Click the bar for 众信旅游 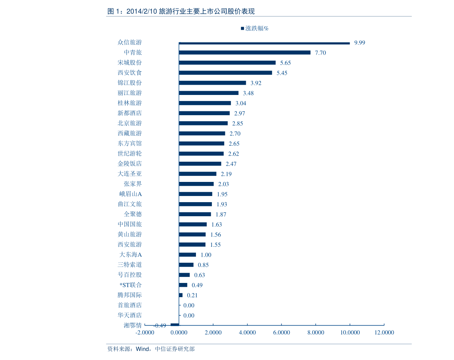pyautogui.click(x=264, y=43)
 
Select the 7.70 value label pyautogui.click(x=320, y=53)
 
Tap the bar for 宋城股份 pyautogui.click(x=227, y=63)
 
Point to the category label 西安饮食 pyautogui.click(x=130, y=72)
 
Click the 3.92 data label pyautogui.click(x=256, y=83)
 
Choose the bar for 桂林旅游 pyautogui.click(x=205, y=103)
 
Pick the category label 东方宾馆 pyautogui.click(x=130, y=143)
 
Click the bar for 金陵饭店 pyautogui.click(x=200, y=164)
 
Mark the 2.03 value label pyautogui.click(x=223, y=184)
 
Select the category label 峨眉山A pyautogui.click(x=131, y=194)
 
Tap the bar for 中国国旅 pyautogui.click(x=193, y=225)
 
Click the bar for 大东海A pyautogui.click(x=187, y=255)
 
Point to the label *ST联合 pyautogui.click(x=131, y=285)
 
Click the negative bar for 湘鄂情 pyautogui.click(x=175, y=325)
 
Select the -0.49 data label pyautogui.click(x=160, y=326)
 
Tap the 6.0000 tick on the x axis pyautogui.click(x=281, y=333)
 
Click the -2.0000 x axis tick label pyautogui.click(x=145, y=333)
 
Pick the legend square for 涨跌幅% pyautogui.click(x=242, y=28)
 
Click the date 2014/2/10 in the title pyautogui.click(x=141, y=11)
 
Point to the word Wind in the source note pyautogui.click(x=143, y=349)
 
